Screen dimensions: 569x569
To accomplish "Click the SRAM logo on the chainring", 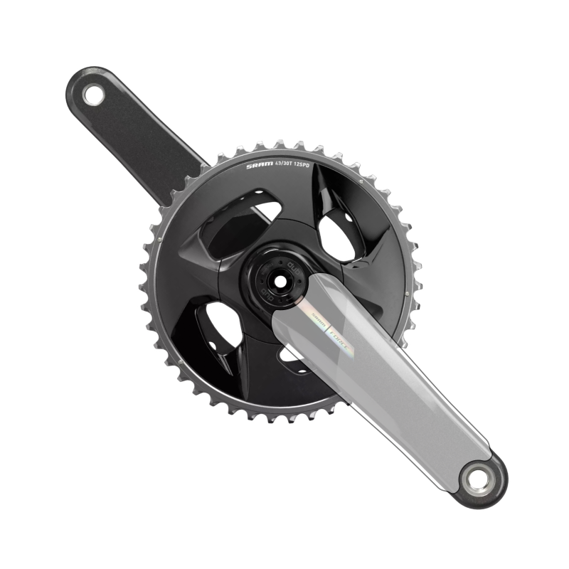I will click(259, 167).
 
